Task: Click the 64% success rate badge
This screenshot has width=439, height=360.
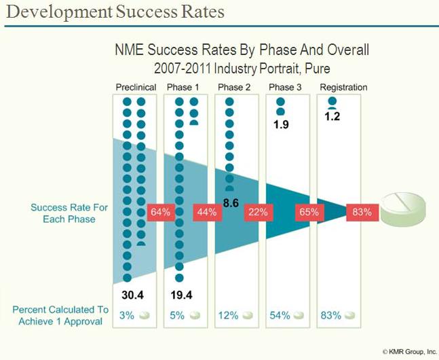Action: click(x=159, y=212)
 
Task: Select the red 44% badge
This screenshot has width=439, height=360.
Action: click(x=207, y=212)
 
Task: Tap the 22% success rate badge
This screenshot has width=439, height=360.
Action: click(x=257, y=212)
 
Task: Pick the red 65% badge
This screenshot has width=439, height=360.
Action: click(x=308, y=212)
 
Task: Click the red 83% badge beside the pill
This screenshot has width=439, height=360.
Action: click(x=360, y=212)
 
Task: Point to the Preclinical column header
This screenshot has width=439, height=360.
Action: click(x=136, y=88)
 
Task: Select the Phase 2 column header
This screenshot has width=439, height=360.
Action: click(x=235, y=88)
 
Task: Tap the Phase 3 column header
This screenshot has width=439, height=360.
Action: click(x=286, y=88)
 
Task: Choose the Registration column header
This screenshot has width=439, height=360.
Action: click(x=343, y=88)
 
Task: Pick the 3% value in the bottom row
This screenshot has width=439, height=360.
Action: click(x=126, y=315)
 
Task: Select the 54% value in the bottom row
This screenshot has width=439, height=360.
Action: click(x=280, y=315)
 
